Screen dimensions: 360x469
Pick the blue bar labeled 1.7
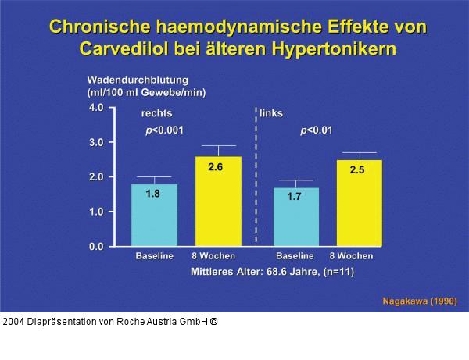click(x=295, y=217)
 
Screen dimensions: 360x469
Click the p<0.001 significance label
click(x=164, y=130)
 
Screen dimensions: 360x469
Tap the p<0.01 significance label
click(x=317, y=130)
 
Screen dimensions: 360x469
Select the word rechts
click(x=156, y=113)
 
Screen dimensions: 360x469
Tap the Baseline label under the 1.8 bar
click(x=154, y=256)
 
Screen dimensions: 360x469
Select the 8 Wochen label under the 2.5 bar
click(x=351, y=256)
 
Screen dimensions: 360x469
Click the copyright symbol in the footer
click(x=214, y=321)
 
